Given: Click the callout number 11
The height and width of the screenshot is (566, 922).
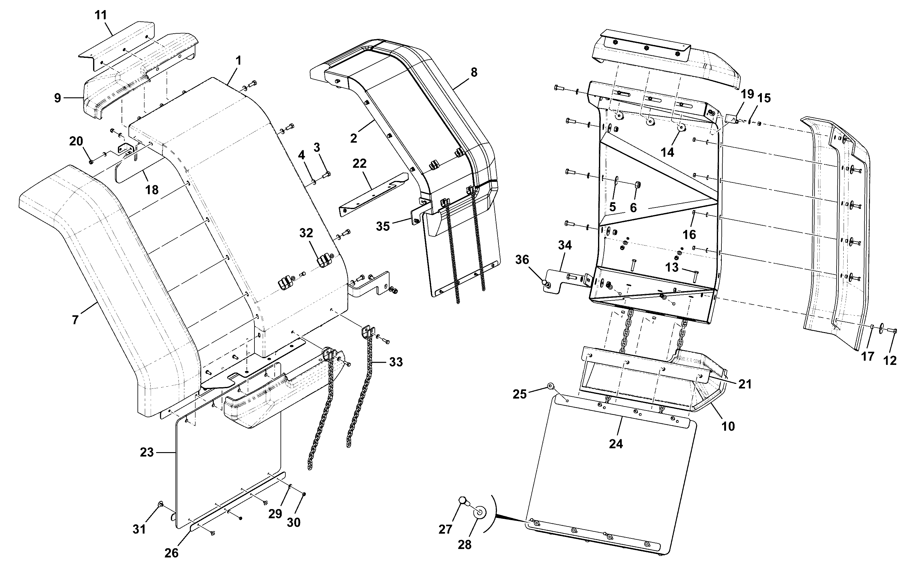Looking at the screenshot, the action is click(101, 15).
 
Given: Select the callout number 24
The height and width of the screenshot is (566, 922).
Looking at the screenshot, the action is click(616, 444).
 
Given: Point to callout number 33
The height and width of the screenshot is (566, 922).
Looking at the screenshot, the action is click(396, 362).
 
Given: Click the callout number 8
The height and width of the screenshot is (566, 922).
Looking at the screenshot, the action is click(474, 72).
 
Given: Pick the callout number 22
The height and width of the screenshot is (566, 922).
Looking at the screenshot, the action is click(359, 163).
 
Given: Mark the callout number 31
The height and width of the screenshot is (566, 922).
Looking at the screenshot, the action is click(139, 529).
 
